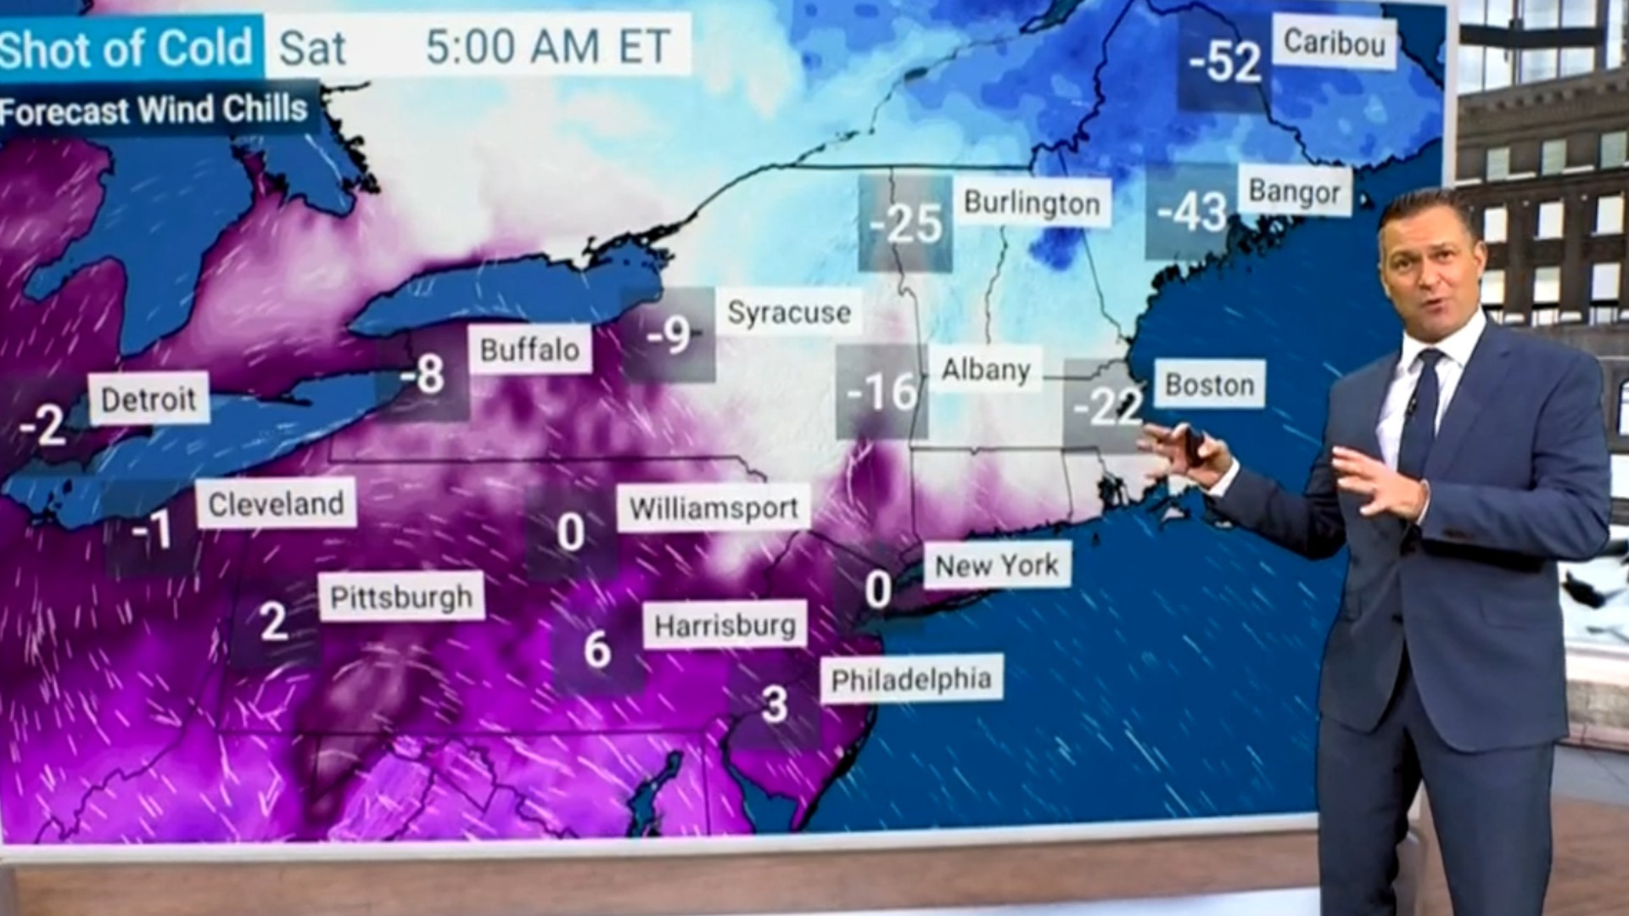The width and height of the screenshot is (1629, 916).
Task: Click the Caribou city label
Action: tap(1335, 43)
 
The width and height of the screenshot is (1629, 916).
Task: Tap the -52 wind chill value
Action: tap(1224, 61)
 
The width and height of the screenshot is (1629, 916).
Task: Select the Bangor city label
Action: tap(1294, 193)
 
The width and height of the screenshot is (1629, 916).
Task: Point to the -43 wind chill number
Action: tap(1192, 212)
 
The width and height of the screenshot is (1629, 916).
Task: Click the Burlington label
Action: tap(1032, 204)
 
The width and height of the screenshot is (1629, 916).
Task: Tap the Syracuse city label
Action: tap(788, 313)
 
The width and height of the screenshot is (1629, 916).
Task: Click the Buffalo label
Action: tap(529, 349)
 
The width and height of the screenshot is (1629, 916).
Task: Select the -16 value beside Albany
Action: tap(882, 392)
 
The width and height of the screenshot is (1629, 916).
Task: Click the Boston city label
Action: tap(1209, 385)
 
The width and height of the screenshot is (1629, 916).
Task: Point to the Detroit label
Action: tap(148, 399)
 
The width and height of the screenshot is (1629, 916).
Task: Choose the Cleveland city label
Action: tap(276, 505)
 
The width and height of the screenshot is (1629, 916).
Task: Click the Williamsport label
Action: tap(714, 509)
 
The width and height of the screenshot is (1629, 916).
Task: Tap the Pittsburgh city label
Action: tap(400, 598)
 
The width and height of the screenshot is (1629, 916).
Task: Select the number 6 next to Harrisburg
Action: tap(597, 650)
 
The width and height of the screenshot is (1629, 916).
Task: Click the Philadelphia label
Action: tap(911, 679)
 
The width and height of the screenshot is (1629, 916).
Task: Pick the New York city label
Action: tap(997, 565)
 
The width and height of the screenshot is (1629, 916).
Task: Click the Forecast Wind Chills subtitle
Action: tap(154, 110)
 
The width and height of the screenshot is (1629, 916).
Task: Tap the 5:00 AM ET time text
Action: tap(548, 47)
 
